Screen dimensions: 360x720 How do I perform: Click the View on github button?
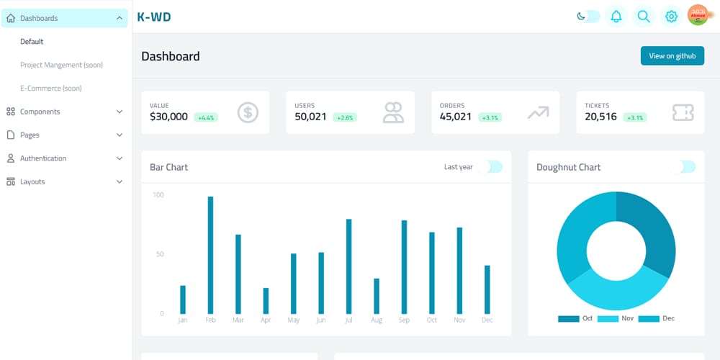[672, 55]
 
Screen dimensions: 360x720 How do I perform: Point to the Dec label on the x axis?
[487, 320]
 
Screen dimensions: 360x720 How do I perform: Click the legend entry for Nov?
[617, 318]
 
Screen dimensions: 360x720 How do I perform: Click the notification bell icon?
[616, 16]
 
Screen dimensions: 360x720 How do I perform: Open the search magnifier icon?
[644, 16]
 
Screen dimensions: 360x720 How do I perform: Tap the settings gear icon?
[671, 16]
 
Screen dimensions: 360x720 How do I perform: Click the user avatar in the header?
[698, 15]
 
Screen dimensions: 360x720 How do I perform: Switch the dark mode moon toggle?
[588, 16]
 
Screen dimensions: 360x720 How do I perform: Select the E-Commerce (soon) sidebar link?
[50, 88]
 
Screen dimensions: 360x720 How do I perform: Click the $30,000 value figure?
[168, 117]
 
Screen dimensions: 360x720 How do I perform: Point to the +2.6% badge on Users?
[345, 117]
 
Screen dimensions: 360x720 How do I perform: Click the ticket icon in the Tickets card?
[683, 112]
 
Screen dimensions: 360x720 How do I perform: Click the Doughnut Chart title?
[568, 167]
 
